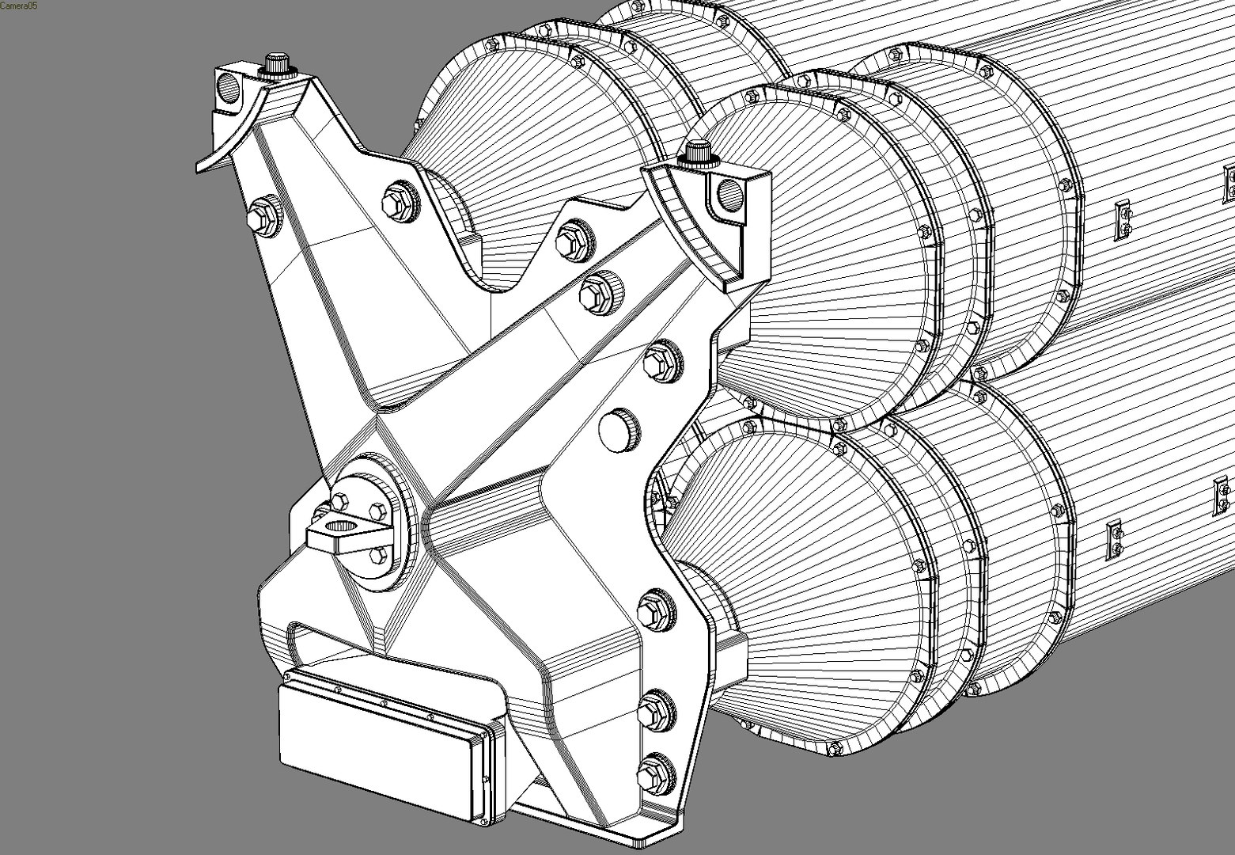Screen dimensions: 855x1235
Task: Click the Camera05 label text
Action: click(x=18, y=6)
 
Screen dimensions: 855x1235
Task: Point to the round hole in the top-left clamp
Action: click(x=229, y=87)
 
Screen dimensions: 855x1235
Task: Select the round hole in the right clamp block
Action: click(x=729, y=192)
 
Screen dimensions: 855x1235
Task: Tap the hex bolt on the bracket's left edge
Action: click(x=264, y=215)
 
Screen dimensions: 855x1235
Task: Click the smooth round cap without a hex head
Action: click(x=619, y=430)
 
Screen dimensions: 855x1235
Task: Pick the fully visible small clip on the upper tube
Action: click(x=1122, y=220)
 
